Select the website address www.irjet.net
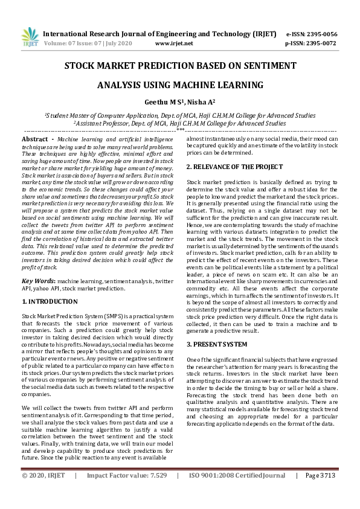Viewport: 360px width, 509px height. click(174, 43)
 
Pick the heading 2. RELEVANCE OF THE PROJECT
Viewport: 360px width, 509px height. click(234, 166)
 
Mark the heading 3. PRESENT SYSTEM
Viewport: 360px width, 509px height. click(216, 344)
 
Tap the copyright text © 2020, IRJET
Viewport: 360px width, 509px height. click(43, 493)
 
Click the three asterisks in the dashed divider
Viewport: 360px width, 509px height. click(179, 130)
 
